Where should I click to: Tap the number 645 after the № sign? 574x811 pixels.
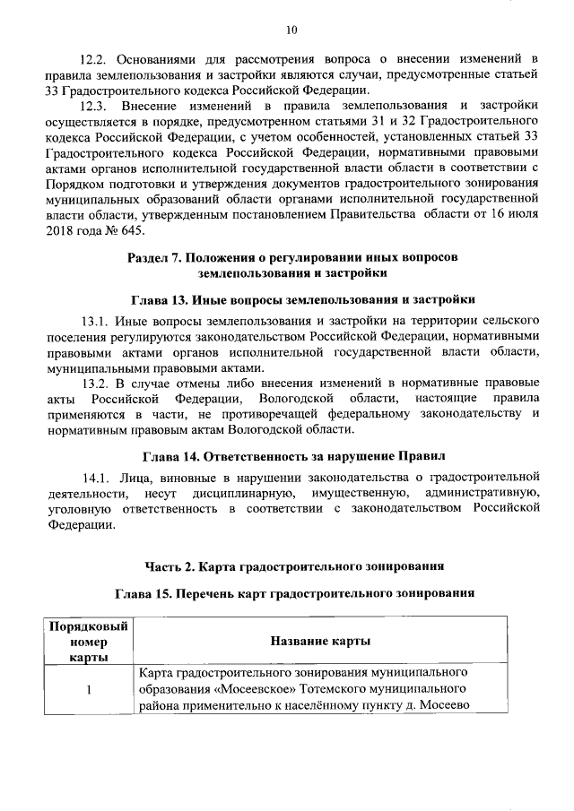[114, 229]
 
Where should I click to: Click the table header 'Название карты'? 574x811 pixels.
[321, 642]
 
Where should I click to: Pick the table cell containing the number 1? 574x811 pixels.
[89, 688]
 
